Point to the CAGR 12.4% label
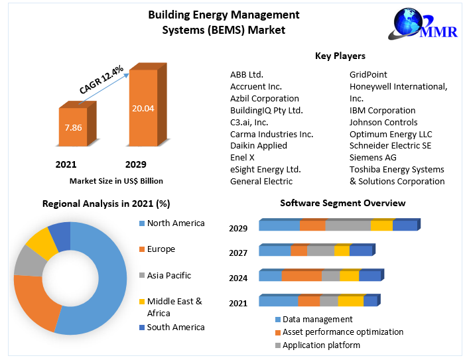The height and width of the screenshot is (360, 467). (101, 80)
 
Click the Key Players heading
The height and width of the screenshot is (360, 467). (340, 56)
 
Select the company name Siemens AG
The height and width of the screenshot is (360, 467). (373, 157)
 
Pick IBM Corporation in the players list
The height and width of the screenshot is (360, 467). (382, 110)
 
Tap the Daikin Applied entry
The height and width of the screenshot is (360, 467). (259, 145)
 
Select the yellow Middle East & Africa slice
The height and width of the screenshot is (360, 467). (41, 242)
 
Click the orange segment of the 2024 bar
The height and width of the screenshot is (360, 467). (302, 276)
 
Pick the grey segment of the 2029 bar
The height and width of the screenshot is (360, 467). (348, 225)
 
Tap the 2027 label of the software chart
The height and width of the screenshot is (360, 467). (238, 253)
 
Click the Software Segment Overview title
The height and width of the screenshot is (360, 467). (342, 203)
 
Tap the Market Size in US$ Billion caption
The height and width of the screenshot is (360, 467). (116, 180)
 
